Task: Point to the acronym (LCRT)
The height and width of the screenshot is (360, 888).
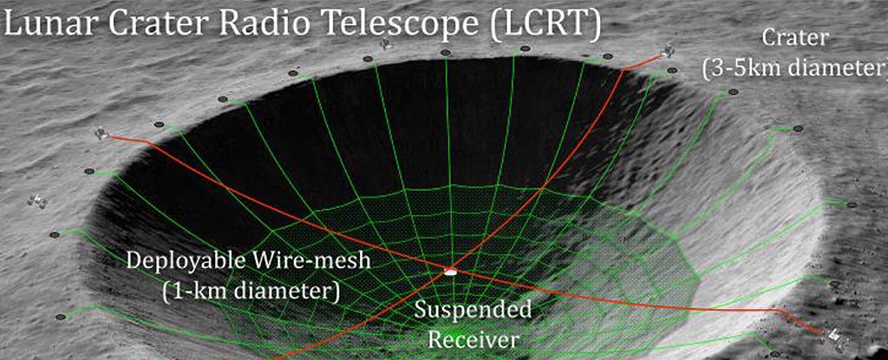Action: [x=545, y=27]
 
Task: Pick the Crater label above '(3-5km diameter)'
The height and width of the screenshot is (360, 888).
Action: [x=795, y=38]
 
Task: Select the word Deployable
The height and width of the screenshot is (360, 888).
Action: [x=181, y=262]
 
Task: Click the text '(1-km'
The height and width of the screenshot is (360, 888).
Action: [x=192, y=291]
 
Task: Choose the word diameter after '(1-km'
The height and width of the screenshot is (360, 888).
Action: [x=284, y=291]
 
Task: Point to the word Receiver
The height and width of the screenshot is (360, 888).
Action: [x=473, y=339]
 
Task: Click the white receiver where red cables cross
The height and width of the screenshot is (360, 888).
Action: [x=450, y=272]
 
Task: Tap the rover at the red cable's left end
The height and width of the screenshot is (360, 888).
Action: [x=102, y=134]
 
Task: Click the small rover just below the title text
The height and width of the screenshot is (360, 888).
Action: [x=386, y=43]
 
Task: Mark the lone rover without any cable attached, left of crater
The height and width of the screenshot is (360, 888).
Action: [x=38, y=200]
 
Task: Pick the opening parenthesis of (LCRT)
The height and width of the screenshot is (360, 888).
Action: [x=496, y=27]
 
